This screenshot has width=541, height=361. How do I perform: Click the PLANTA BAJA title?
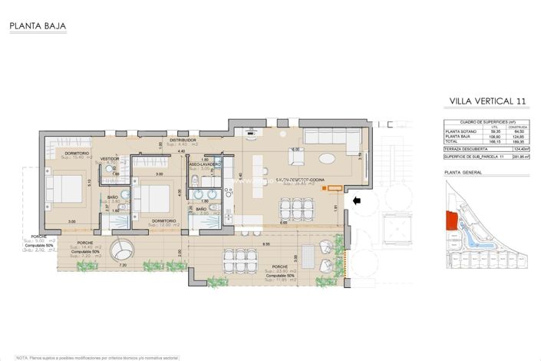(x=38, y=27)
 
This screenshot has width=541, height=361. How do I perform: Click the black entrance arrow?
(x=356, y=202)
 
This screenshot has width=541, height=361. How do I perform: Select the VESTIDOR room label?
(x=111, y=158)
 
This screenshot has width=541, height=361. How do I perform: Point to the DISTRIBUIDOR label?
(x=184, y=141)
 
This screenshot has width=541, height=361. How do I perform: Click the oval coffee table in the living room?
(x=326, y=159)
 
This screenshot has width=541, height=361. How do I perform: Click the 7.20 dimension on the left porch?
(x=122, y=265)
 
